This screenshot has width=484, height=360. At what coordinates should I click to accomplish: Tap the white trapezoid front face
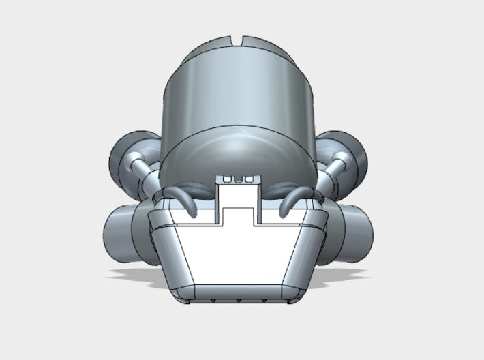[x=239, y=252]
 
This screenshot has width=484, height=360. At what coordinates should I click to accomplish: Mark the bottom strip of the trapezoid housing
[x=239, y=292]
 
